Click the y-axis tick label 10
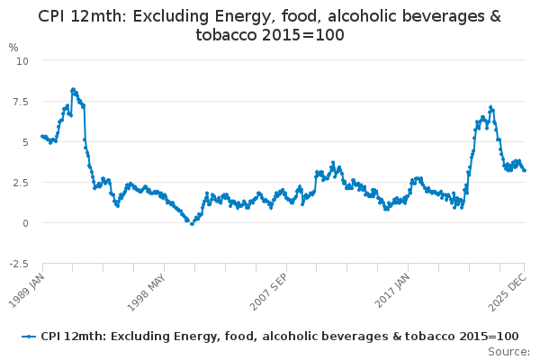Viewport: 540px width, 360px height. click(x=22, y=60)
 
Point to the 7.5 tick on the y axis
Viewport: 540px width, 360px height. click(x=21, y=101)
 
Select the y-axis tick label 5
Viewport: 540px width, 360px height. click(x=25, y=141)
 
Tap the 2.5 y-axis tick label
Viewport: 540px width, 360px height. click(x=21, y=182)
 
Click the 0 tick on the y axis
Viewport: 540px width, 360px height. click(x=25, y=222)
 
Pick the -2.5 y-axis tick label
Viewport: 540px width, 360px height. click(x=19, y=263)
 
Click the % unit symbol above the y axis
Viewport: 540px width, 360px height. click(x=13, y=47)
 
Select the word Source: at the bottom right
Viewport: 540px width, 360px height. click(x=508, y=351)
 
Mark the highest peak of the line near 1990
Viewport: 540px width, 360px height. click(x=73, y=89)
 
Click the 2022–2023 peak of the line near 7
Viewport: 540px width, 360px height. click(x=490, y=107)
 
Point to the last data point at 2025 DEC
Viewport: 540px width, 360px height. click(x=525, y=170)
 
